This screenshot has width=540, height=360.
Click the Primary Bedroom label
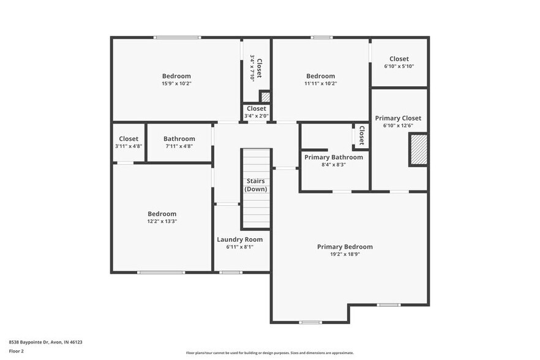345,247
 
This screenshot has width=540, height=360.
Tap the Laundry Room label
239,239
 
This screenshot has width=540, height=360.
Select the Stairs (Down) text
255,185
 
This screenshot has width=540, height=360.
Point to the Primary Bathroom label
334,157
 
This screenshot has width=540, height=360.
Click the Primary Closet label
398,118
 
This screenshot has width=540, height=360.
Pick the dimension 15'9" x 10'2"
176,84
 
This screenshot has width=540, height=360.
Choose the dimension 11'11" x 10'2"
321,84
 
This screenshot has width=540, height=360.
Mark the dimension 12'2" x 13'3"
162,222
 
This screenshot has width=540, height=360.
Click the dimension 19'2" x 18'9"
345,254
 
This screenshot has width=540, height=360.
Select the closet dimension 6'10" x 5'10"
399,67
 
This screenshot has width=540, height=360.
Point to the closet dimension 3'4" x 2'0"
256,116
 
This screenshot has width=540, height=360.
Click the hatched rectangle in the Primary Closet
418,150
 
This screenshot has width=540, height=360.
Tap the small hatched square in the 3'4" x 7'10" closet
265,97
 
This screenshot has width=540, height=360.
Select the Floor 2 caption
17,351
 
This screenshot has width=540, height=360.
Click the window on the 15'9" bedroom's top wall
177,38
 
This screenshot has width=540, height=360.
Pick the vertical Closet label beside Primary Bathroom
361,135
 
